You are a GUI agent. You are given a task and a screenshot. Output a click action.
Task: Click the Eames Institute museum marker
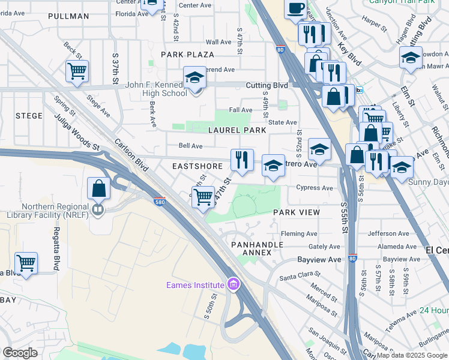point(233,284)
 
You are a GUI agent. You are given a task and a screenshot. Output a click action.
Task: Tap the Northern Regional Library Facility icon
point(97,210)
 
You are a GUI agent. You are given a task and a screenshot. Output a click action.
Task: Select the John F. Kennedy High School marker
point(194,79)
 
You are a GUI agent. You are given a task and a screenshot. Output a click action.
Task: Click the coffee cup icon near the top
point(295,8)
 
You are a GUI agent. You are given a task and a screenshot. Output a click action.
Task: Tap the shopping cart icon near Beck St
point(77,71)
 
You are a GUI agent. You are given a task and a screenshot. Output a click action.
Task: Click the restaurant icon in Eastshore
point(242,160)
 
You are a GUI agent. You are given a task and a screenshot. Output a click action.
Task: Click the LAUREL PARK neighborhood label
point(237,130)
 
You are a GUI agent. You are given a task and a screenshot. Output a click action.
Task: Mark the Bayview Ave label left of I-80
point(319,259)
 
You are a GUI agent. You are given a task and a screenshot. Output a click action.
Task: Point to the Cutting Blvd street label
point(267,86)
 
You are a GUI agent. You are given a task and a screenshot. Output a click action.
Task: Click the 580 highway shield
point(160,202)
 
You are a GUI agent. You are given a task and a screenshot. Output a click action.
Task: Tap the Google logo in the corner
point(20,353)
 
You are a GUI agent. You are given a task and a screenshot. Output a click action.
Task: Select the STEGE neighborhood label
point(29,116)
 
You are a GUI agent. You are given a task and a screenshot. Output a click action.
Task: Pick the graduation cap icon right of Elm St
point(411,59)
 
